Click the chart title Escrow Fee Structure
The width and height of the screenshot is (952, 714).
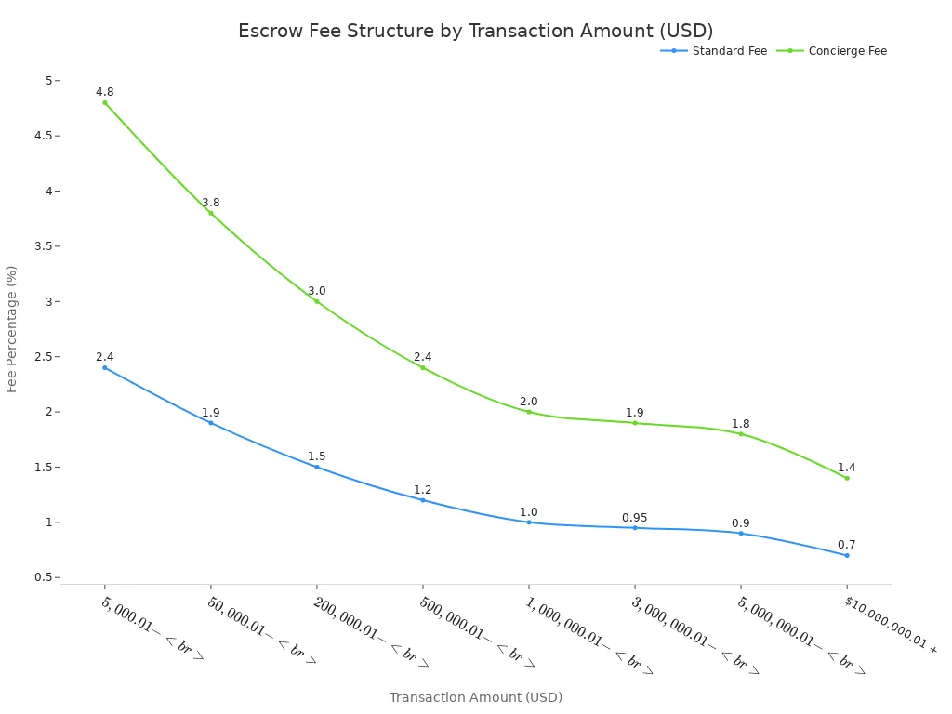pyautogui.click(x=475, y=31)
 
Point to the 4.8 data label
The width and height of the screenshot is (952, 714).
pyautogui.click(x=105, y=92)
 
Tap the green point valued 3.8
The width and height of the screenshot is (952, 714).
pyautogui.click(x=211, y=213)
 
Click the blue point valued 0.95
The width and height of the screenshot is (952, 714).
pyautogui.click(x=635, y=528)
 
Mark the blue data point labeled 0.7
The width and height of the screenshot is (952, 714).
pyautogui.click(x=847, y=555)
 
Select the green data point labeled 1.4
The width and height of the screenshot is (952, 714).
pyautogui.click(x=847, y=478)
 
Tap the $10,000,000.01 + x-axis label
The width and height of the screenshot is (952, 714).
pyautogui.click(x=891, y=625)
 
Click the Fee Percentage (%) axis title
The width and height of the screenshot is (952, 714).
pyautogui.click(x=12, y=329)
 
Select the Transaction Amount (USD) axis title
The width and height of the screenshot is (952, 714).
pyautogui.click(x=475, y=697)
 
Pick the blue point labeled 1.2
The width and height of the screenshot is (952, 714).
pyautogui.click(x=423, y=500)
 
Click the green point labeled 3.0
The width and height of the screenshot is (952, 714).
pyautogui.click(x=317, y=301)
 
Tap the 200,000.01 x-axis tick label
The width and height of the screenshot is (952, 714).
pyautogui.click(x=371, y=632)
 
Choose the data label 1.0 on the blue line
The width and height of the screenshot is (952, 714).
pyautogui.click(x=529, y=512)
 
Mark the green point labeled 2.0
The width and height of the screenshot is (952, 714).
pyautogui.click(x=529, y=412)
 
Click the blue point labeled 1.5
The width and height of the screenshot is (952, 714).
pyautogui.click(x=317, y=467)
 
